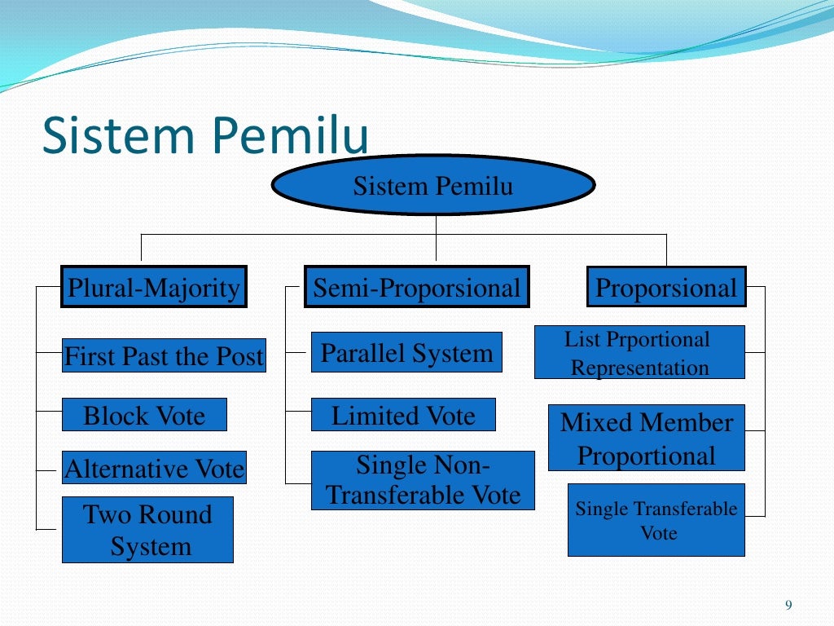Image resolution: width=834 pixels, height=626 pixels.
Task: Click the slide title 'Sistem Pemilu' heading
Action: click(205, 135)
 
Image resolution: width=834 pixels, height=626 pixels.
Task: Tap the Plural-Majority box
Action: click(154, 287)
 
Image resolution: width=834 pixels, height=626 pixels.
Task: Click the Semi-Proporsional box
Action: click(416, 287)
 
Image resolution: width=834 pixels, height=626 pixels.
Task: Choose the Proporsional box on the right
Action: click(666, 287)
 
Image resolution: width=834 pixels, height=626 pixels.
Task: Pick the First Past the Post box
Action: click(164, 356)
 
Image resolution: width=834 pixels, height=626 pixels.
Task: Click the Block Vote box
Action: click(144, 415)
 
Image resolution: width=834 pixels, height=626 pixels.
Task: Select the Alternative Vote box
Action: click(155, 468)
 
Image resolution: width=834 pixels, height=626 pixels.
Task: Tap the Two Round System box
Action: click(147, 530)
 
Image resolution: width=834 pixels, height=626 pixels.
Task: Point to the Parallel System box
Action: click(406, 352)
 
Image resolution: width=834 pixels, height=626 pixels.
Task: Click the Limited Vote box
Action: click(403, 415)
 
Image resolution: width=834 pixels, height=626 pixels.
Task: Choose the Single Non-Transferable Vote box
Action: click(423, 480)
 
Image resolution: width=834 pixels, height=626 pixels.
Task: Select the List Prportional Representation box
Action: click(639, 352)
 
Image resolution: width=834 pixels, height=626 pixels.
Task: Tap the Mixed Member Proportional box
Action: click(647, 438)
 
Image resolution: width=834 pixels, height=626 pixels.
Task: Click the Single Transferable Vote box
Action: click(656, 520)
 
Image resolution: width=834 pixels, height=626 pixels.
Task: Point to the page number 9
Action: click(788, 604)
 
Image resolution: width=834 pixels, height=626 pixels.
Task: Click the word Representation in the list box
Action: click(639, 368)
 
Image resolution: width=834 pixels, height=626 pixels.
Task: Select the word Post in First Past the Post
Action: click(241, 356)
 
